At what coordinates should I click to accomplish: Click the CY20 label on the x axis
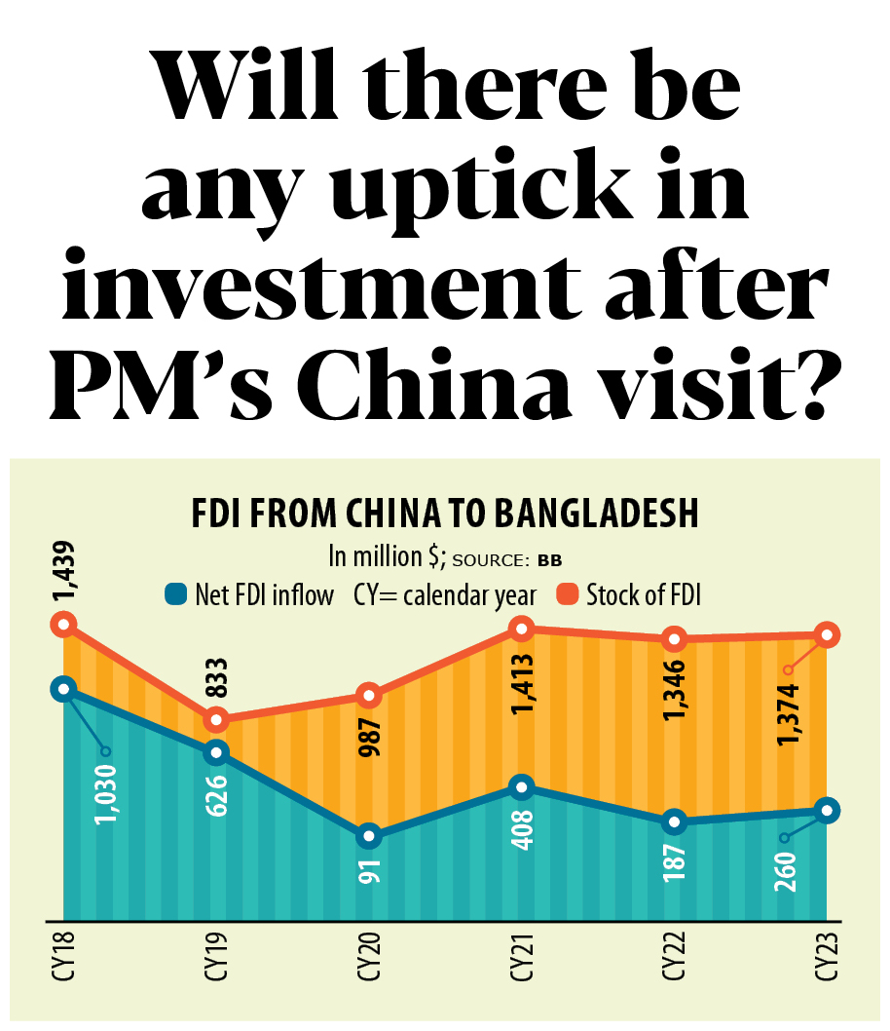pyautogui.click(x=369, y=960)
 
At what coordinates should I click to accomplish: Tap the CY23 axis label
pyautogui.click(x=827, y=960)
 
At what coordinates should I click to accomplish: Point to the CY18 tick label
pyautogui.click(x=63, y=960)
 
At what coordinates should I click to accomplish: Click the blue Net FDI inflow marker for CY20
pyautogui.click(x=369, y=836)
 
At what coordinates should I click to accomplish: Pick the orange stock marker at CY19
pyautogui.click(x=216, y=720)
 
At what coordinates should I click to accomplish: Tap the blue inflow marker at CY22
pyautogui.click(x=675, y=821)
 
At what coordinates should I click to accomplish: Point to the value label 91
pyautogui.click(x=370, y=869)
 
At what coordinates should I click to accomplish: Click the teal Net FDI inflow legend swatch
pyautogui.click(x=176, y=593)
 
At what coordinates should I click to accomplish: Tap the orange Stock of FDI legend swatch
pyautogui.click(x=568, y=593)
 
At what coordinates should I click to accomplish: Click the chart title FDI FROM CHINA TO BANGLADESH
pyautogui.click(x=444, y=514)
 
